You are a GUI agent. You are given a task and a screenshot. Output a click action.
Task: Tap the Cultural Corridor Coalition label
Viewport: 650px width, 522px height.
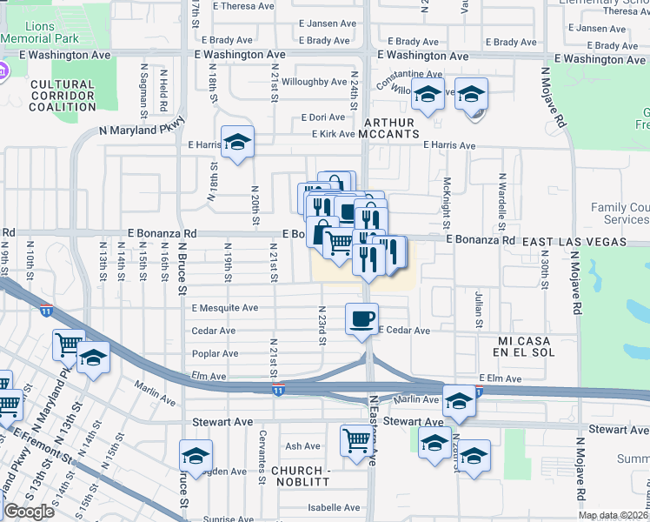pyautogui.click(x=62, y=96)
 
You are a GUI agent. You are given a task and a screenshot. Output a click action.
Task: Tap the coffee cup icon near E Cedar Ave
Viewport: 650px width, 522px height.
pyautogui.click(x=361, y=318)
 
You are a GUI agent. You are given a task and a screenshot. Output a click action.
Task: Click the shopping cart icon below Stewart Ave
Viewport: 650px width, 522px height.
pyautogui.click(x=356, y=439)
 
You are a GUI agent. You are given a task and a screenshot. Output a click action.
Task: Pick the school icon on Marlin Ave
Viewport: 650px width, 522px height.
pyautogui.click(x=460, y=400)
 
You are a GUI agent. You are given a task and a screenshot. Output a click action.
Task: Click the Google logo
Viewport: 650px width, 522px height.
pyautogui.click(x=29, y=512)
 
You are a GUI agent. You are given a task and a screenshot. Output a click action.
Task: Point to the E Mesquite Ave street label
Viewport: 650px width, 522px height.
pyautogui.click(x=225, y=308)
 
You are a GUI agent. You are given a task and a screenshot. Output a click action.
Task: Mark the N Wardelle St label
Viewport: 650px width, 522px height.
pyautogui.click(x=501, y=199)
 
